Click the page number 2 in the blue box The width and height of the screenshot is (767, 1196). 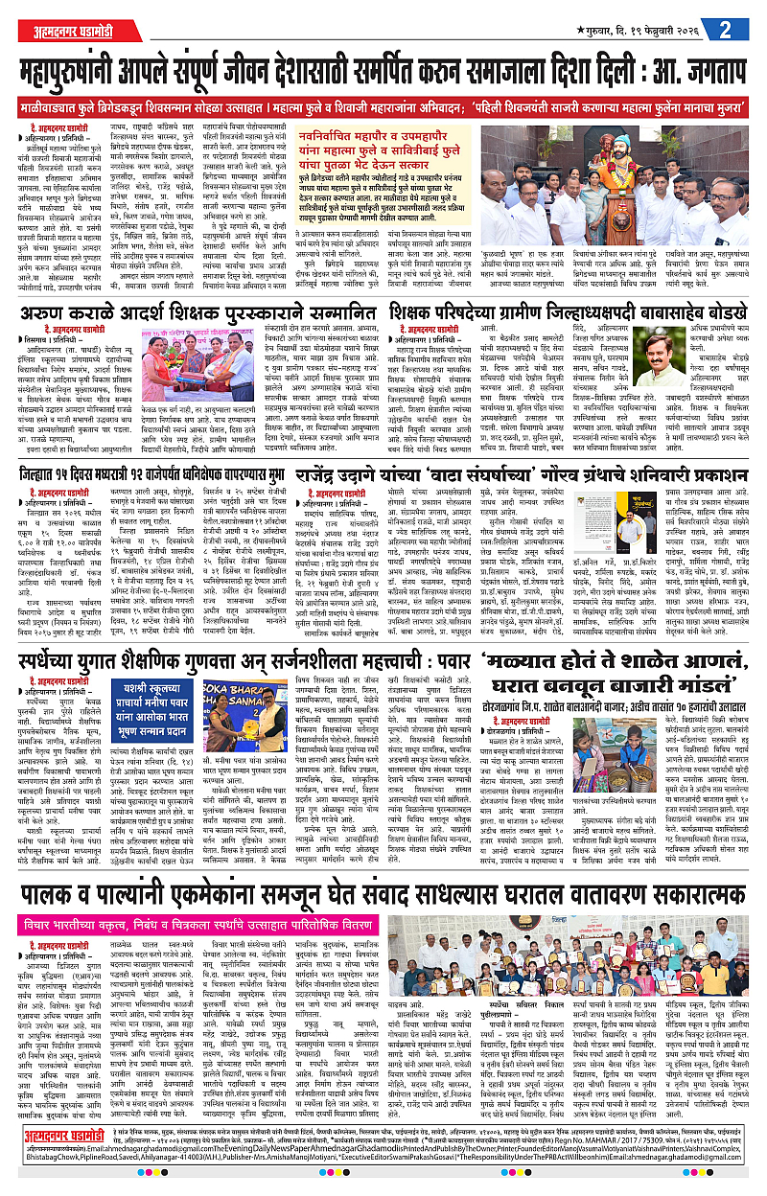742,27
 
